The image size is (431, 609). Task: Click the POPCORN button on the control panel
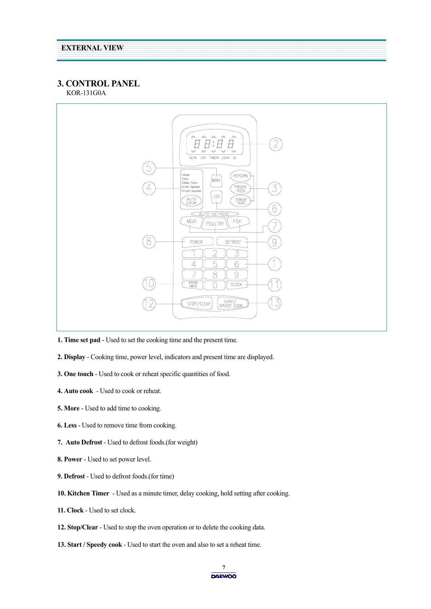(241, 176)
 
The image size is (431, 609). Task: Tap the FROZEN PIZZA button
(241, 189)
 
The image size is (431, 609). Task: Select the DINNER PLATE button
(241, 201)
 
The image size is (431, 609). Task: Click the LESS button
(216, 196)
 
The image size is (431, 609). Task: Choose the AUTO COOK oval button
(191, 201)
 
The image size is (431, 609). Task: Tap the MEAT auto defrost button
(191, 222)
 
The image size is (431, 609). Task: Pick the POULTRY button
(215, 224)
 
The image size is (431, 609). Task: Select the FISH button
(237, 221)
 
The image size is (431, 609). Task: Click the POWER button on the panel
(197, 242)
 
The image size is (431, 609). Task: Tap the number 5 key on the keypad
(215, 264)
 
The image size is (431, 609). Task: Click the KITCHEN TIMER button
(193, 285)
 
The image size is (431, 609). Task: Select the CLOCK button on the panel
(236, 285)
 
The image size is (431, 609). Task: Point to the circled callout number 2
(276, 144)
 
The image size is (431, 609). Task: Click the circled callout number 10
(149, 284)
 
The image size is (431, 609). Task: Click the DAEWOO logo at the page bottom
(224, 576)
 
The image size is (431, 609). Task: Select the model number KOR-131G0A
(86, 93)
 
